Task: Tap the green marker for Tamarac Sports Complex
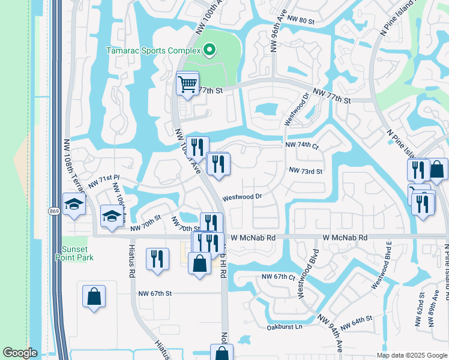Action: click(209, 50)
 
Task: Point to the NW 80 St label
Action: click(301, 20)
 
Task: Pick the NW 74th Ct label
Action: click(301, 145)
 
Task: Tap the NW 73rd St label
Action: click(306, 171)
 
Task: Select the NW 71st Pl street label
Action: click(104, 181)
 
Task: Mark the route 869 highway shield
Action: click(53, 211)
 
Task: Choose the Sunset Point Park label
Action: click(77, 253)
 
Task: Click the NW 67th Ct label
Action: click(279, 277)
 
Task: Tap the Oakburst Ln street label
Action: click(285, 328)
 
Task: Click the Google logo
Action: click(20, 353)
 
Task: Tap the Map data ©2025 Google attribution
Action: click(411, 355)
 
